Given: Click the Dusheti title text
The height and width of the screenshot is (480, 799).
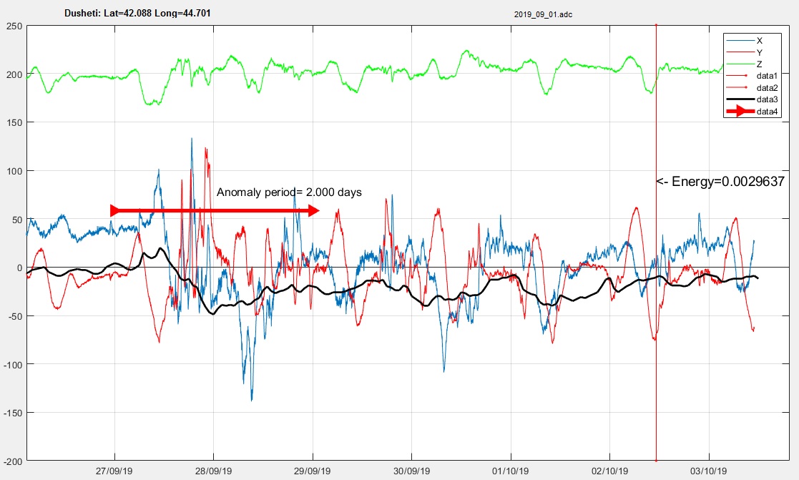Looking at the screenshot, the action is point(137,13).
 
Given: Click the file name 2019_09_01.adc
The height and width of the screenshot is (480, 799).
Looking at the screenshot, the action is point(543,14).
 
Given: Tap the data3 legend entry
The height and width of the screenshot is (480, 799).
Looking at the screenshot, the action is point(752,99).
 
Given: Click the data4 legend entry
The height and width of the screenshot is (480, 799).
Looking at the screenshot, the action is point(752,112).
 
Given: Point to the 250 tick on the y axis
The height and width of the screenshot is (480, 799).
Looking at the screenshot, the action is point(14,26).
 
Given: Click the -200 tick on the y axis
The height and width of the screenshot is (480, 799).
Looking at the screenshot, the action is point(13,461).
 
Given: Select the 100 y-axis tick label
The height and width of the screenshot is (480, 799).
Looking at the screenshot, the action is point(14,171).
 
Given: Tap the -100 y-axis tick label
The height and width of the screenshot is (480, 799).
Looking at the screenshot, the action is point(13,364).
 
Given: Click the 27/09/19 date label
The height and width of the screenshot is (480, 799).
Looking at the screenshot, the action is point(114,471).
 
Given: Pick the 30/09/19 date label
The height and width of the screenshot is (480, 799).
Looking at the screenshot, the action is point(412,471).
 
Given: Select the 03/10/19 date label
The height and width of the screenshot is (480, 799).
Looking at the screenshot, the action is point(709,471).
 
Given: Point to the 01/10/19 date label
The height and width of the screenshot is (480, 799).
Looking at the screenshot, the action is point(511,471).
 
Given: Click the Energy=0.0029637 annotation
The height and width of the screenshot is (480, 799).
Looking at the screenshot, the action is point(720,182).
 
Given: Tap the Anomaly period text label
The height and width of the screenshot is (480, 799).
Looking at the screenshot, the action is point(289,192).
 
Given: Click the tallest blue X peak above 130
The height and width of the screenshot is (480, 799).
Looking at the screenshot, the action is point(192,139).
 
